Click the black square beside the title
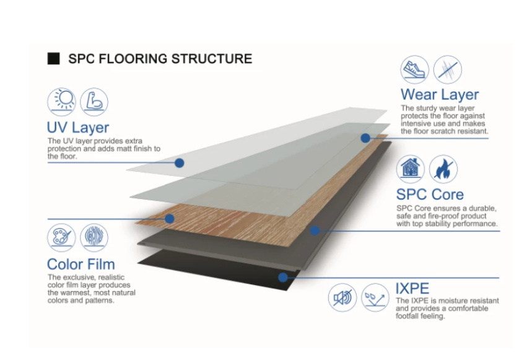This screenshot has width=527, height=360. (x=53, y=58)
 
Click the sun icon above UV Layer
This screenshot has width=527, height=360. (x=61, y=102)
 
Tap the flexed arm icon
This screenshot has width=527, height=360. (x=94, y=102)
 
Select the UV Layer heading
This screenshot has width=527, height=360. (x=78, y=128)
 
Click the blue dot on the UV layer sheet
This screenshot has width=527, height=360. (x=180, y=163)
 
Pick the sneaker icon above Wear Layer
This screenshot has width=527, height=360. (x=415, y=69)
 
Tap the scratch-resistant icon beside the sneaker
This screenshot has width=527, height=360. (x=447, y=69)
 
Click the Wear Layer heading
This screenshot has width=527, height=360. (x=440, y=94)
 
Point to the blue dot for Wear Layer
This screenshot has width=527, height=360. (x=365, y=138)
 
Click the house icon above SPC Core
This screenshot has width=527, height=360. (x=411, y=169)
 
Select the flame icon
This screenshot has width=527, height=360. (x=443, y=169)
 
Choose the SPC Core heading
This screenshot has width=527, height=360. (x=430, y=195)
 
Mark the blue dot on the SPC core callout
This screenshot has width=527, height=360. (x=315, y=230)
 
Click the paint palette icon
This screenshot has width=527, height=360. (x=61, y=238)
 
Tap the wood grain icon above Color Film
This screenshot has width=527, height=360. (x=94, y=238)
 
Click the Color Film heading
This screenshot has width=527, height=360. (x=81, y=264)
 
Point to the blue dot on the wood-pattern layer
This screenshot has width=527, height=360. (x=170, y=219)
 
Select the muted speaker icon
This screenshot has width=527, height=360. (x=342, y=297)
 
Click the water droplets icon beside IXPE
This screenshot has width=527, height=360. (x=375, y=297)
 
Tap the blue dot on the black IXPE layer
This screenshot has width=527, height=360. (x=283, y=278)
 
